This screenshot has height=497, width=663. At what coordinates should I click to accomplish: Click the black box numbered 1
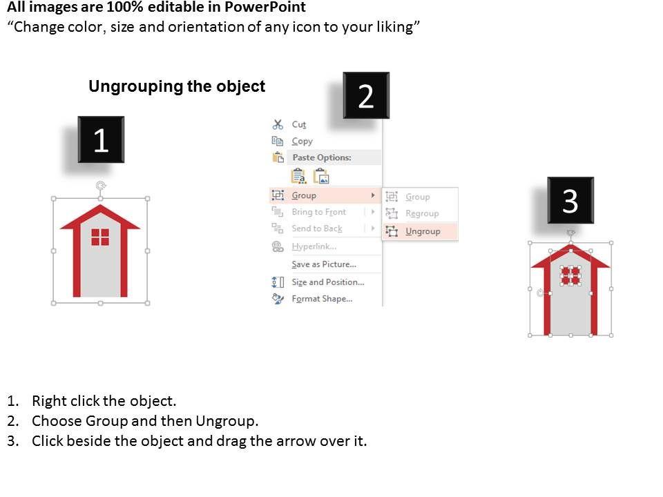101,139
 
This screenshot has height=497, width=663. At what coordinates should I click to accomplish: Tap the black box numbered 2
366,95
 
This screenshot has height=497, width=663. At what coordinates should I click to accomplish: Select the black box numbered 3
570,200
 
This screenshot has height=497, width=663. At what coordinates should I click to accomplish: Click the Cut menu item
299,125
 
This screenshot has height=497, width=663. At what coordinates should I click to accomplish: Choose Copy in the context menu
302,141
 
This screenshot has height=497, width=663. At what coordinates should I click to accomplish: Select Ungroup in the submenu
423,232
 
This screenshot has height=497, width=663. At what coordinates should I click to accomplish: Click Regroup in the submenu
422,213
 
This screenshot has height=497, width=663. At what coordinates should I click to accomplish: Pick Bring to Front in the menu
319,212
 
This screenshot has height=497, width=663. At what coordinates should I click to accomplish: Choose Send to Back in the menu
317,228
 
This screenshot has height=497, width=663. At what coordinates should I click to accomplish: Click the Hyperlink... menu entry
314,246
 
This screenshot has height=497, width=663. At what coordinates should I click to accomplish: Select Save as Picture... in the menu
324,264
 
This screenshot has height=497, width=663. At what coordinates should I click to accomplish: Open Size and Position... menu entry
327,282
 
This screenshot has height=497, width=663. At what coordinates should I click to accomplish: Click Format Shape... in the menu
322,299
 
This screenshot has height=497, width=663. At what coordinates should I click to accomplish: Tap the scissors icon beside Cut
278,124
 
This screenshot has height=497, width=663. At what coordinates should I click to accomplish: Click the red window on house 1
100,237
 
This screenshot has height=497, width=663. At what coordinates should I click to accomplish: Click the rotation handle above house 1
101,186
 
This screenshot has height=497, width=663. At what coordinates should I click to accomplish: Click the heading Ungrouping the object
177,87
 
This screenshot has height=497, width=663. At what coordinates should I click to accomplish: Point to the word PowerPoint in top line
265,7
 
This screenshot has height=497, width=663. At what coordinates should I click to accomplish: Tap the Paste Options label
322,157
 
